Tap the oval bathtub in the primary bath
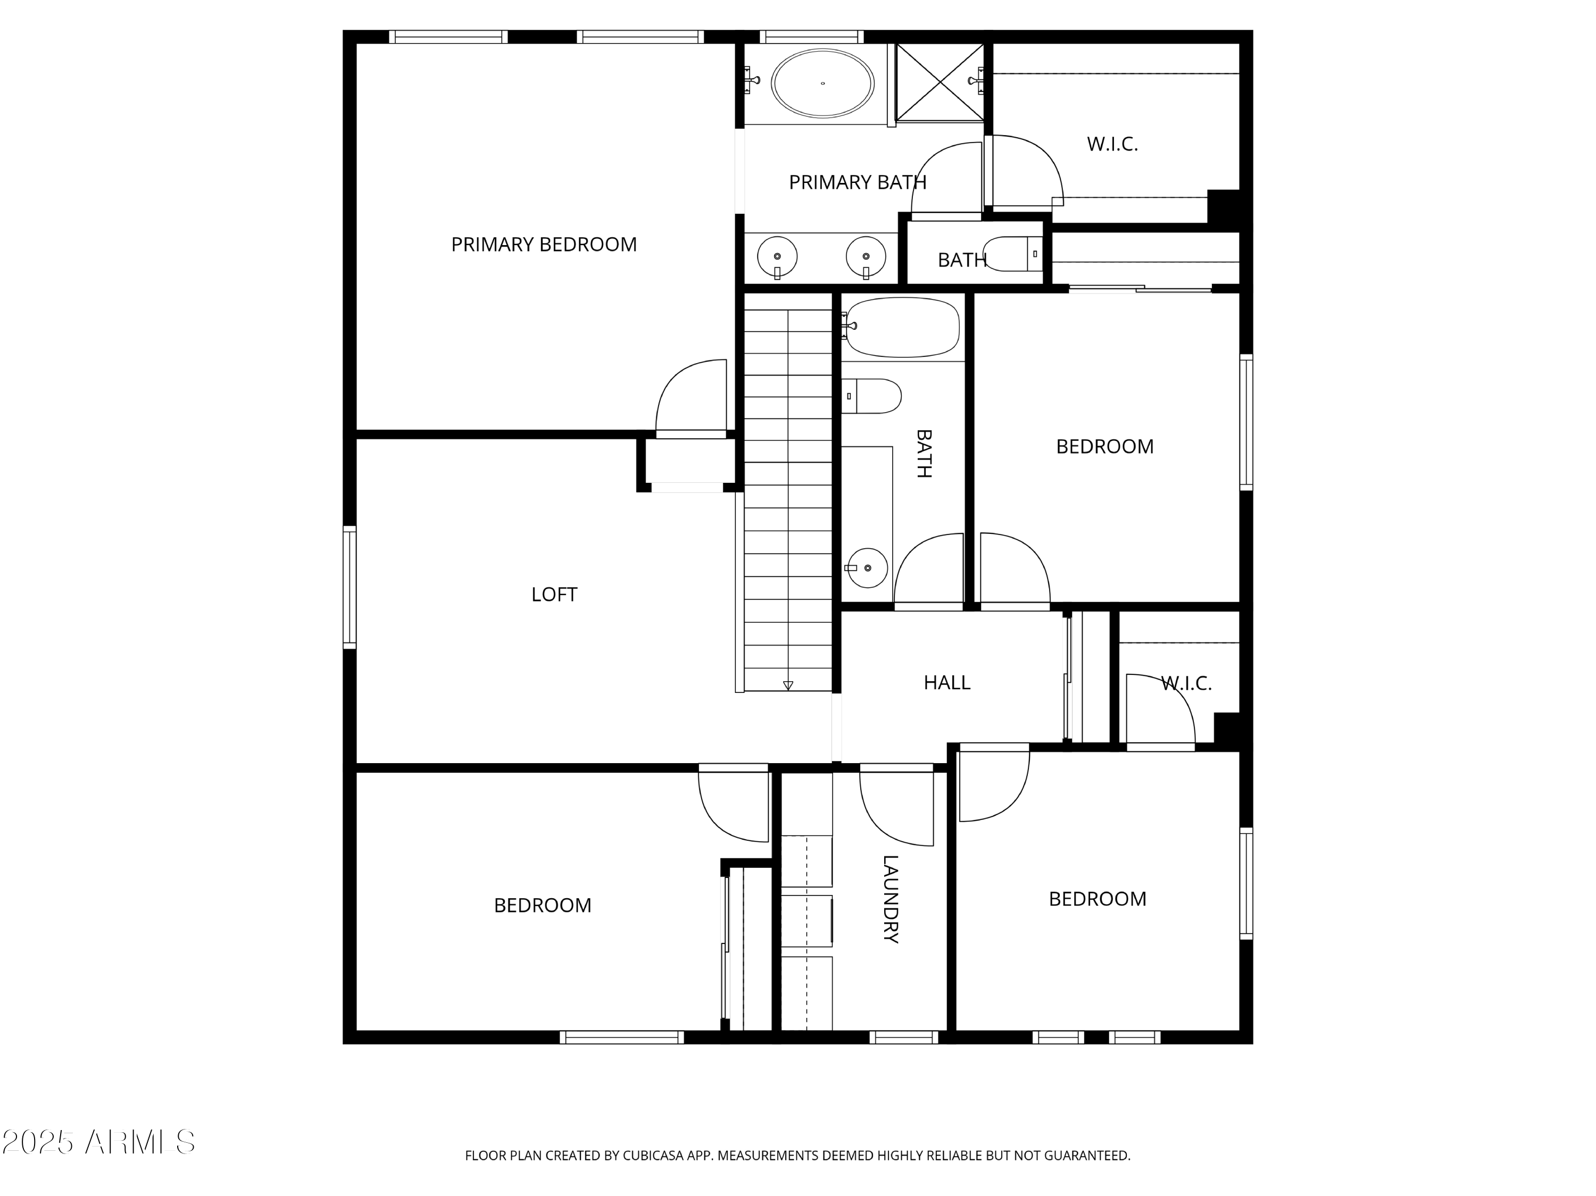point(822,83)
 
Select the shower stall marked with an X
point(940,82)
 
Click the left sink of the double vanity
point(777,257)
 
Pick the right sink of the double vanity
point(866,257)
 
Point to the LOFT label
point(554,595)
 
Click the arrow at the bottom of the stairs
point(788,685)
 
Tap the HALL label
point(946,682)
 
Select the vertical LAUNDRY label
point(891,899)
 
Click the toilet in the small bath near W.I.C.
point(1014,254)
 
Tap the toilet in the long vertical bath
point(871,396)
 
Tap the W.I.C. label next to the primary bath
point(1112,144)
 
